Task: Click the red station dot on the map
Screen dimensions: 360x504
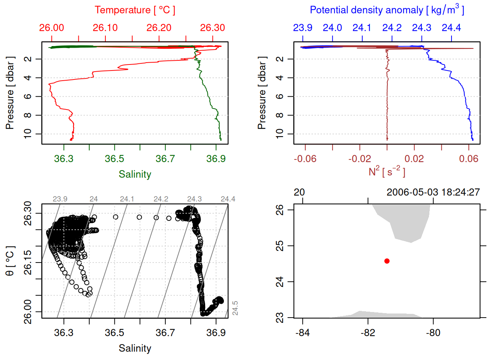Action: point(387,261)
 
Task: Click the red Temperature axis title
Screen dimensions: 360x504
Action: point(135,10)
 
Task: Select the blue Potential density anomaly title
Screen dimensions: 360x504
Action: point(387,10)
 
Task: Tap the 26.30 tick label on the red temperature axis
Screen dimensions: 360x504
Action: point(213,28)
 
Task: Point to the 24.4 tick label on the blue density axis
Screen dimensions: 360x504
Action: point(451,28)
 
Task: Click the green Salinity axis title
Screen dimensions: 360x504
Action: point(135,174)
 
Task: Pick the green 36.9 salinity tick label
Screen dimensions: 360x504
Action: point(216,159)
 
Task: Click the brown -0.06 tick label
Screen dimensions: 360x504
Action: point(305,159)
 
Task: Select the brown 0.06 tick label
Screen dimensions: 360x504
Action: point(469,159)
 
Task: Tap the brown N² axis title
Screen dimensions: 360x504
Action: point(387,172)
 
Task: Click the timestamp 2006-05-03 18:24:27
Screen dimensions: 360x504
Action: point(433,192)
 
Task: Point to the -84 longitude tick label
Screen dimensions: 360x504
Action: point(303,333)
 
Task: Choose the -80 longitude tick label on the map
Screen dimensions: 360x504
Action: point(433,333)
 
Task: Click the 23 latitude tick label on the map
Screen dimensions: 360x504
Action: point(280,318)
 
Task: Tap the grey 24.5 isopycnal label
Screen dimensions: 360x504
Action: point(235,308)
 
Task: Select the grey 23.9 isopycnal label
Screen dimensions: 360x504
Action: point(60,199)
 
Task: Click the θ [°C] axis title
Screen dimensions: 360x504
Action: point(10,261)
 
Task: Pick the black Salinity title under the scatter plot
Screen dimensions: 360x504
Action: point(135,348)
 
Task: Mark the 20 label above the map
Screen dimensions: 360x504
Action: point(299,192)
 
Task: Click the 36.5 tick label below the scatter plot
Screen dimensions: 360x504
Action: point(114,333)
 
